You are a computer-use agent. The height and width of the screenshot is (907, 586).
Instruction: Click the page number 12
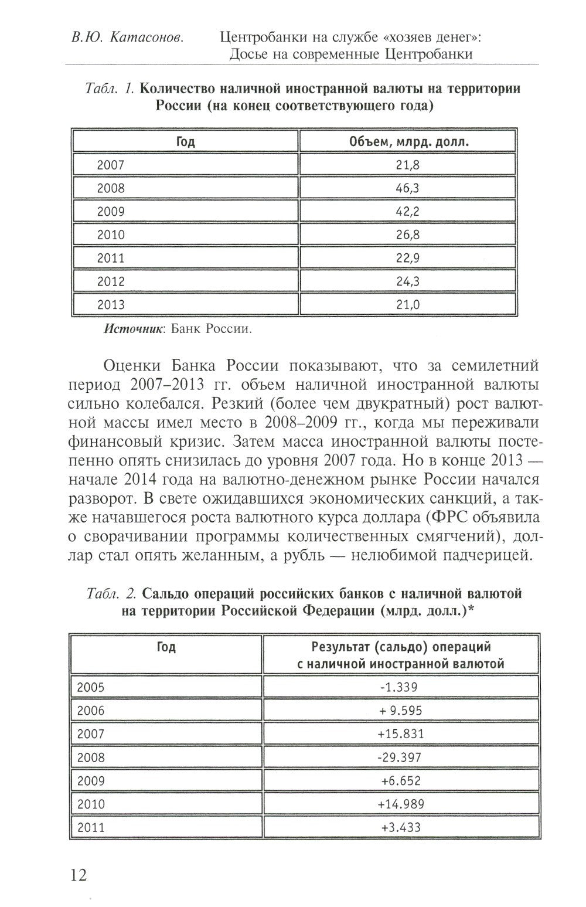(79, 876)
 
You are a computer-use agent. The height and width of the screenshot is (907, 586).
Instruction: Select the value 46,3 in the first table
(407, 188)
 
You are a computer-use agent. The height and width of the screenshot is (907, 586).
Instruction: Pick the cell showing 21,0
(407, 304)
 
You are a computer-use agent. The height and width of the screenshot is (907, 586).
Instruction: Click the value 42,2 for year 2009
(407, 212)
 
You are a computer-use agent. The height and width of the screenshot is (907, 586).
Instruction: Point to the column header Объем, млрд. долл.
(408, 142)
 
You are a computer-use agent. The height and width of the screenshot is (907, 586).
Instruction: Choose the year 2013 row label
(110, 304)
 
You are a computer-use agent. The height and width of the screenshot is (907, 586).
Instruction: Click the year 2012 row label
(110, 281)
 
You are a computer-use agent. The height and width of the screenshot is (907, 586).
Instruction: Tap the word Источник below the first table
(131, 329)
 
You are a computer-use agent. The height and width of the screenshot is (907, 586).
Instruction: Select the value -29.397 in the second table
(400, 757)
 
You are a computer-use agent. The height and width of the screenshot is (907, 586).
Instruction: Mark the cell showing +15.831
(400, 733)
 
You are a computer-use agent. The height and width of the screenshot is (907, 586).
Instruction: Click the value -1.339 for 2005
(400, 687)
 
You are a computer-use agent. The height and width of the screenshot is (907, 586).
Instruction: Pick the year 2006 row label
(91, 711)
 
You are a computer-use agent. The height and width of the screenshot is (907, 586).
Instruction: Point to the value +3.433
(400, 827)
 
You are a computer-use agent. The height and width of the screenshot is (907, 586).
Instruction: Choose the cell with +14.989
(400, 804)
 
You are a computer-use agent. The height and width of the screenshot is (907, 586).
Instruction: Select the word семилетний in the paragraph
(495, 366)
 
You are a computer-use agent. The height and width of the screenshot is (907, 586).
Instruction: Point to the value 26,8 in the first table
(407, 235)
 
